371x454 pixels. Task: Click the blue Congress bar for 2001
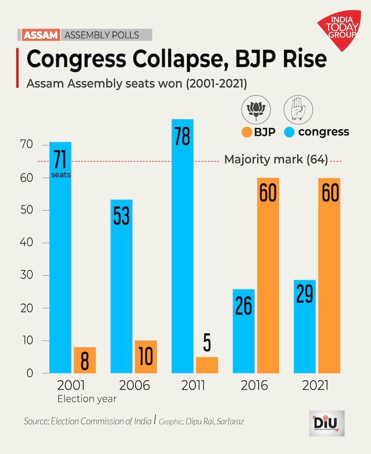[x=60, y=257]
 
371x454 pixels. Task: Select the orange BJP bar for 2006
[x=145, y=357]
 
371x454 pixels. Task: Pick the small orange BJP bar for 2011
[x=207, y=365]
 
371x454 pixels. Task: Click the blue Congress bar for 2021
[x=305, y=326]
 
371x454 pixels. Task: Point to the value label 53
[x=121, y=215]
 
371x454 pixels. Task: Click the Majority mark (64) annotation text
[x=276, y=160]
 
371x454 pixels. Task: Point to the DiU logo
[x=326, y=423]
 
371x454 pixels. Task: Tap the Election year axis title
[x=87, y=399]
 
